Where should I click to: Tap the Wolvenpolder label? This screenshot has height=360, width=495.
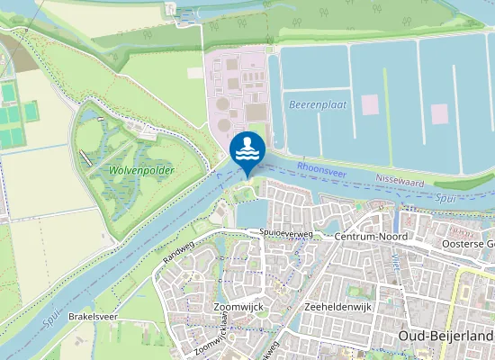[141, 169]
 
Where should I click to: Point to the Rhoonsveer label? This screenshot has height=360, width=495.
[320, 167]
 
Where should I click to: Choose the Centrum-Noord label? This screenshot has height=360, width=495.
[370, 236]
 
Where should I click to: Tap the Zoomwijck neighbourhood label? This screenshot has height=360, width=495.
[238, 307]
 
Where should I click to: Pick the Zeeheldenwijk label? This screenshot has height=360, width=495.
[339, 307]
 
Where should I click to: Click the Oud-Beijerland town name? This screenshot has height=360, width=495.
[445, 336]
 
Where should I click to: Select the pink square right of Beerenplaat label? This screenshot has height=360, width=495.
[370, 103]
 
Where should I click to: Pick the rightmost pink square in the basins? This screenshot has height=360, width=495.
[439, 113]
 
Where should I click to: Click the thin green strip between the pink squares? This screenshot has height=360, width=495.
[389, 108]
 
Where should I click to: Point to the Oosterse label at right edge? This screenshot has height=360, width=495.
[469, 243]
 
